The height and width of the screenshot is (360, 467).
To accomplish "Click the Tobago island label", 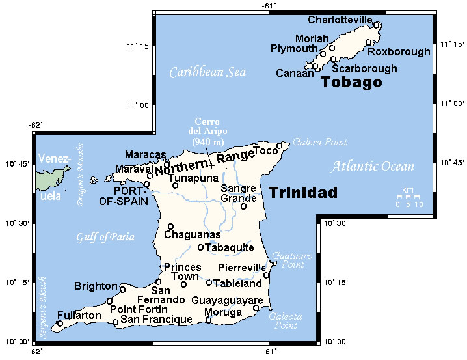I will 351,83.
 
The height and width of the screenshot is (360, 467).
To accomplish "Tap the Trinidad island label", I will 303,193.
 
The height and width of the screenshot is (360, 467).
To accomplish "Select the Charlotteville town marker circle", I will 377,25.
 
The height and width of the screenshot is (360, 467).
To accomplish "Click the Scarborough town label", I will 364,68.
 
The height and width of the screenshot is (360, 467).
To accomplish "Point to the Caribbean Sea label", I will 207,72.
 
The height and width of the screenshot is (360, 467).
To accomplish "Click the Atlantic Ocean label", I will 372,167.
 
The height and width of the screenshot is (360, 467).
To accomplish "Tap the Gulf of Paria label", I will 105,237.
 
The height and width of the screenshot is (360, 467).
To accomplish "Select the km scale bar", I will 408,196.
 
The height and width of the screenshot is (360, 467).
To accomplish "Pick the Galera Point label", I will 319,142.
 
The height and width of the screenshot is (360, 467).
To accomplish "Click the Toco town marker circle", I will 280,146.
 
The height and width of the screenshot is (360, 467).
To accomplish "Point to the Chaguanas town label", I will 193,234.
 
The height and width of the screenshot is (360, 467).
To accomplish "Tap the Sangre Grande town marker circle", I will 243,206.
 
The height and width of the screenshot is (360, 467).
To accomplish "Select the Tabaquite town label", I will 229,247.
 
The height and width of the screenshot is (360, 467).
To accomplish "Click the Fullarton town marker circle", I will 60,324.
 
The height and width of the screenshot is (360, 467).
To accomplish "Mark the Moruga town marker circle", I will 209,320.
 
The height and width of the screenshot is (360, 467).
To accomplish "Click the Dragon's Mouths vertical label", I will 81,174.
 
